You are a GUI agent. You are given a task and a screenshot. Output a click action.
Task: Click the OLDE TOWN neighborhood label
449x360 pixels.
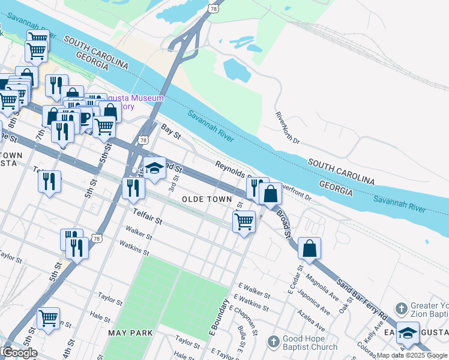(x=206, y=199)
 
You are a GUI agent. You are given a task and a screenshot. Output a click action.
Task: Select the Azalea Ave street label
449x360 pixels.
(x=314, y=320)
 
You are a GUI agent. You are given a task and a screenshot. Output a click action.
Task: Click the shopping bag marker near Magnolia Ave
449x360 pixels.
(x=309, y=248)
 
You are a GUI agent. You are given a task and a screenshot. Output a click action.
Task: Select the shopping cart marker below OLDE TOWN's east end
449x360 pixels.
(x=244, y=221)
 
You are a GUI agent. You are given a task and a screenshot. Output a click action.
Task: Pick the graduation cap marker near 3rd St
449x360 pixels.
(x=154, y=168)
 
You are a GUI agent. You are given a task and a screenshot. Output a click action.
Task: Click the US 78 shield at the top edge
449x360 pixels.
(x=214, y=8)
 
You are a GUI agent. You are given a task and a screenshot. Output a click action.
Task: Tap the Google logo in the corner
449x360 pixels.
(x=20, y=353)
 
